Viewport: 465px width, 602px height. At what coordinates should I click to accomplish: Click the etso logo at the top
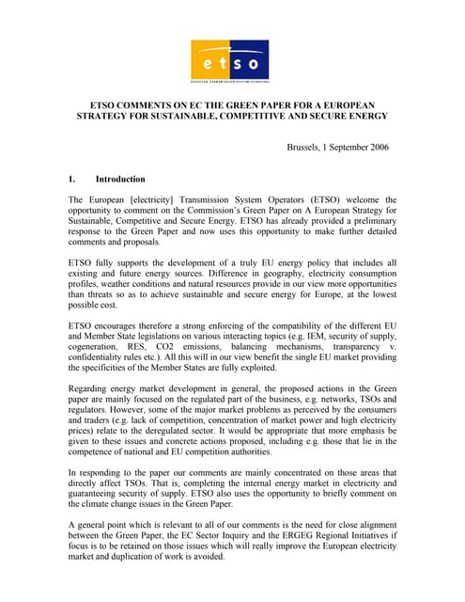(x=230, y=61)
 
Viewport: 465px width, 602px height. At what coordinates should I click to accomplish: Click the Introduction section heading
(x=120, y=179)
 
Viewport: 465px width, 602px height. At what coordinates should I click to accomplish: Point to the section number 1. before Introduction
(x=72, y=179)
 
